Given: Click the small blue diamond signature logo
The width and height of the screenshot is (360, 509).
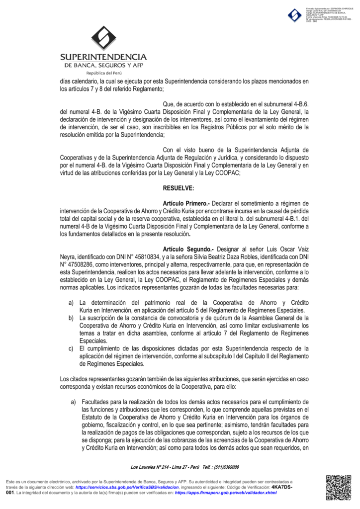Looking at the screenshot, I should click(294, 15).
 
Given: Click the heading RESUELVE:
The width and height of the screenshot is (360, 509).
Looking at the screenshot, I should click(179, 188).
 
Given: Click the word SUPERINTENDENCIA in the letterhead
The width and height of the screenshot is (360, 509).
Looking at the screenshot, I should click(103, 57).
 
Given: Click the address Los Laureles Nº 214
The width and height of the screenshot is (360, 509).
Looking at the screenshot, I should click(149, 467).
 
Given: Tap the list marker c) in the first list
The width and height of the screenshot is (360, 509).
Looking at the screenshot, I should click(72, 348).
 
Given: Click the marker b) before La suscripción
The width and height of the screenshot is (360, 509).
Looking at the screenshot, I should click(72, 318).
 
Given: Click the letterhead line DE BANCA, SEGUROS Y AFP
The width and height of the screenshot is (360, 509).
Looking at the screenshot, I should click(103, 65).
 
